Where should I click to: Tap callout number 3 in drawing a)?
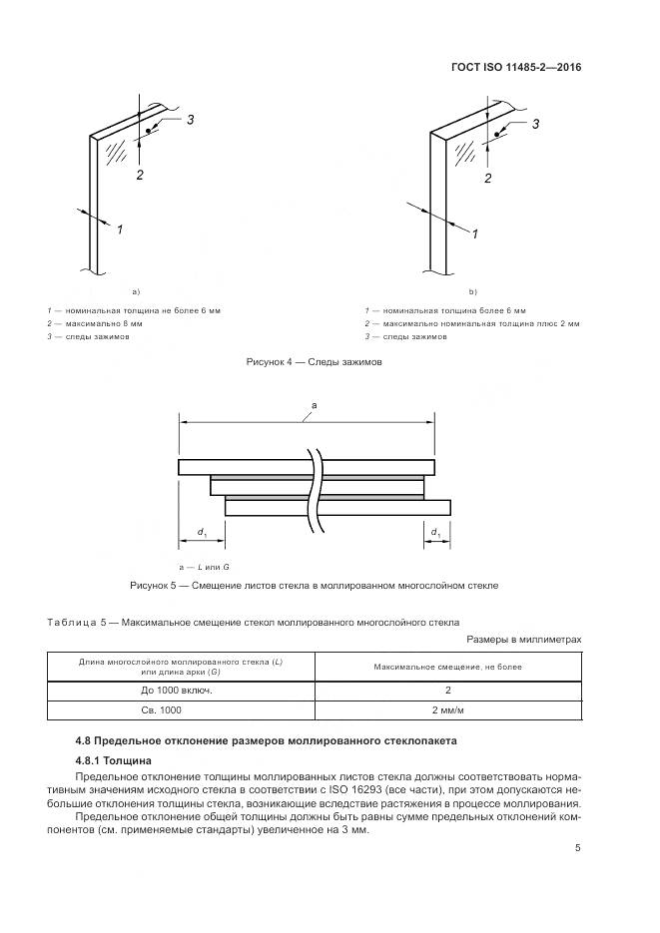pyautogui.click(x=189, y=120)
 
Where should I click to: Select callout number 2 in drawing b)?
pyautogui.click(x=487, y=179)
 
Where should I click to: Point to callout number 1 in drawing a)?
pyautogui.click(x=119, y=230)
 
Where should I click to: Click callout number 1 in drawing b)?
pyautogui.click(x=474, y=233)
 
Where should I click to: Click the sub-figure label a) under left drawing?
pyautogui.click(x=135, y=291)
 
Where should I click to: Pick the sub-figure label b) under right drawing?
pyautogui.click(x=473, y=291)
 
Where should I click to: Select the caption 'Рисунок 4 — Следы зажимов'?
pyautogui.click(x=315, y=362)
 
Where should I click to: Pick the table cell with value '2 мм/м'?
pyautogui.click(x=448, y=710)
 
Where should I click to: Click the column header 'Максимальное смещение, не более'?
pyautogui.click(x=448, y=666)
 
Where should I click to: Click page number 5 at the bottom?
pyautogui.click(x=578, y=848)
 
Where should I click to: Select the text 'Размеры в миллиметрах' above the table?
pyautogui.click(x=523, y=639)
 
